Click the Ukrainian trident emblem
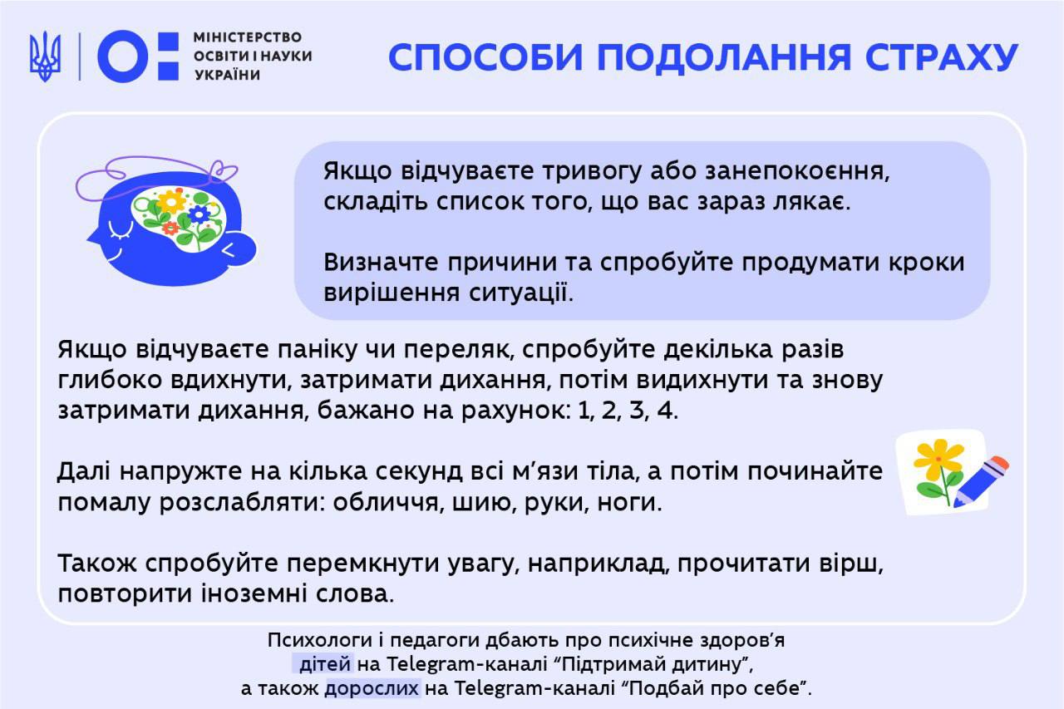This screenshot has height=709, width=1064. (45, 56)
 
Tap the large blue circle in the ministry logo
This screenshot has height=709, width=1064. (122, 56)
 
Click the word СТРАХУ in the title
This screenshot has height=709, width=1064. (942, 58)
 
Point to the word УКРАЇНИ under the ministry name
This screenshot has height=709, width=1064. (228, 75)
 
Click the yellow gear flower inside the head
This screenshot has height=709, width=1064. (172, 201)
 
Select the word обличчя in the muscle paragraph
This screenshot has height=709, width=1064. (386, 502)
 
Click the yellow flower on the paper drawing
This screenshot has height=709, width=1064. (938, 459)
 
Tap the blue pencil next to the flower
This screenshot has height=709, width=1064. (981, 482)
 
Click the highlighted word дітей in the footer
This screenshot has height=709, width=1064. (325, 664)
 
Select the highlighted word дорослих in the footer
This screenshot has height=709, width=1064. (372, 688)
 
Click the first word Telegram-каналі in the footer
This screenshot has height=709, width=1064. (466, 664)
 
